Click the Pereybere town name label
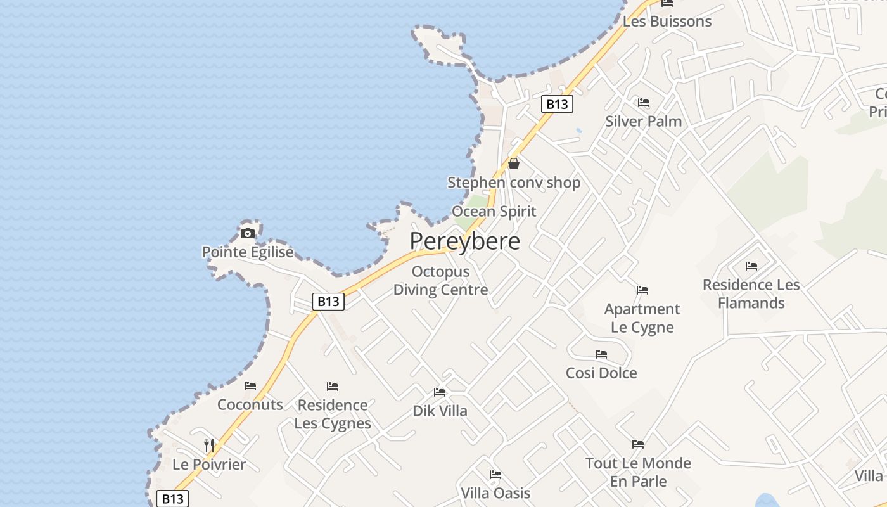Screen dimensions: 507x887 [x=464, y=241]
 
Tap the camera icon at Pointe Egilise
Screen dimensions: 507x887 [x=248, y=233]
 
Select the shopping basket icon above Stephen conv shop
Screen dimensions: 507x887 [x=514, y=164]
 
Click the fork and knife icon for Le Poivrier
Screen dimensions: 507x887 [x=209, y=445]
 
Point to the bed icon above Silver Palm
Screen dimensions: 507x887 [x=644, y=103]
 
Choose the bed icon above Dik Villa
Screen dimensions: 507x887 [x=440, y=392]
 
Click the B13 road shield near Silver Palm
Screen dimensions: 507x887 [x=557, y=104]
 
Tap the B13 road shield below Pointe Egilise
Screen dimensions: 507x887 [x=328, y=302]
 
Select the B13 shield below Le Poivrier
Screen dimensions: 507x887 [x=172, y=499]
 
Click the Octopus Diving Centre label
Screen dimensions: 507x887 [x=441, y=281]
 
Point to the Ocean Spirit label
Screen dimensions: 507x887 [x=494, y=211]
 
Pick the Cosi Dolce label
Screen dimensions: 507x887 [x=601, y=373]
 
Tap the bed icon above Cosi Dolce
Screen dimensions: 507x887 [x=601, y=354]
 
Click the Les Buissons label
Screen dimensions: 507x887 [x=667, y=22]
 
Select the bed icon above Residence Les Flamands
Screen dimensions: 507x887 [x=751, y=266]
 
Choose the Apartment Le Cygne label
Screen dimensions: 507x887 [x=642, y=318]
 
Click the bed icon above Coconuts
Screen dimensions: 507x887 [x=250, y=386]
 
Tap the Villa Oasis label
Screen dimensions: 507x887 [x=495, y=492]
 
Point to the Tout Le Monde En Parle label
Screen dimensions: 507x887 [x=638, y=472]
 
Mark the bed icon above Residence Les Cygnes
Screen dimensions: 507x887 [x=333, y=387]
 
